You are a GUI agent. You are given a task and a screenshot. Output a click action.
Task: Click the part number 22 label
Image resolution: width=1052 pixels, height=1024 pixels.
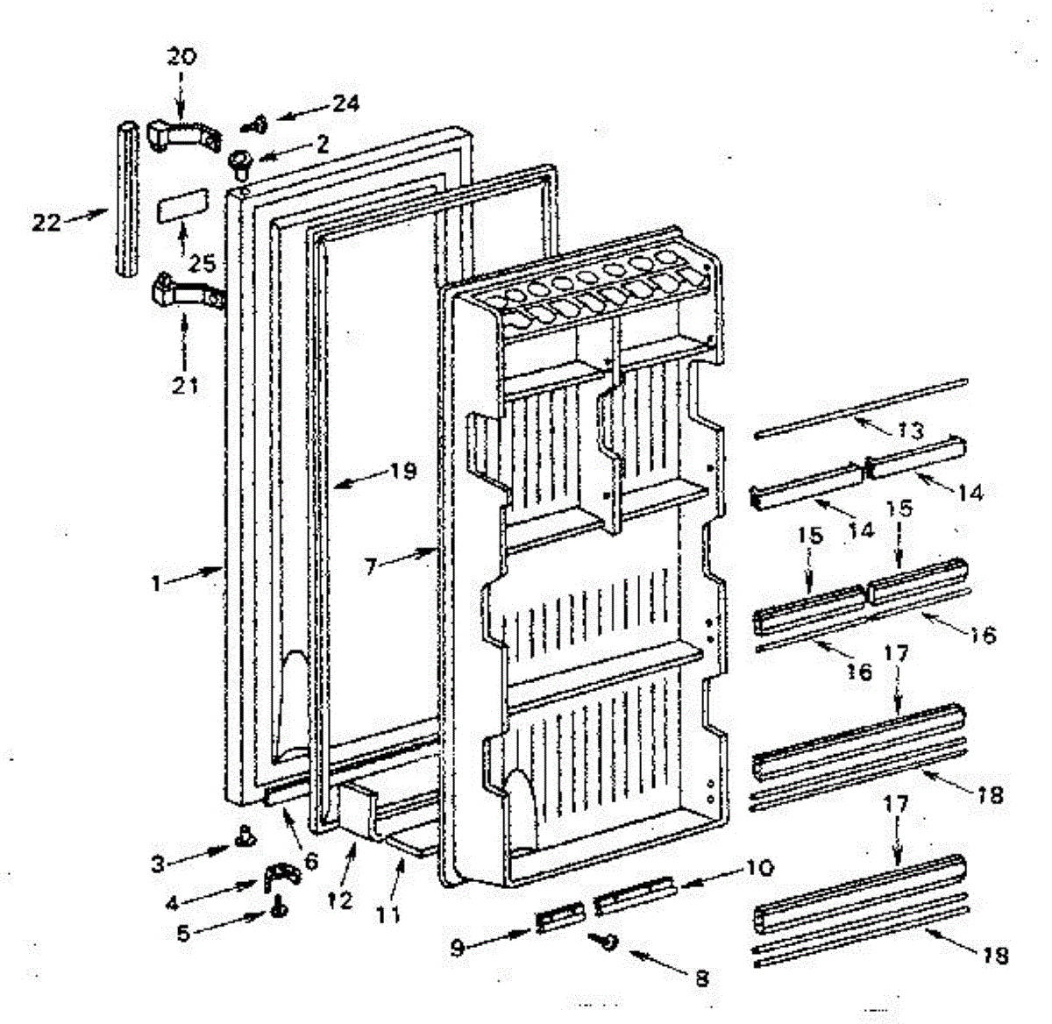[x=46, y=223]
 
